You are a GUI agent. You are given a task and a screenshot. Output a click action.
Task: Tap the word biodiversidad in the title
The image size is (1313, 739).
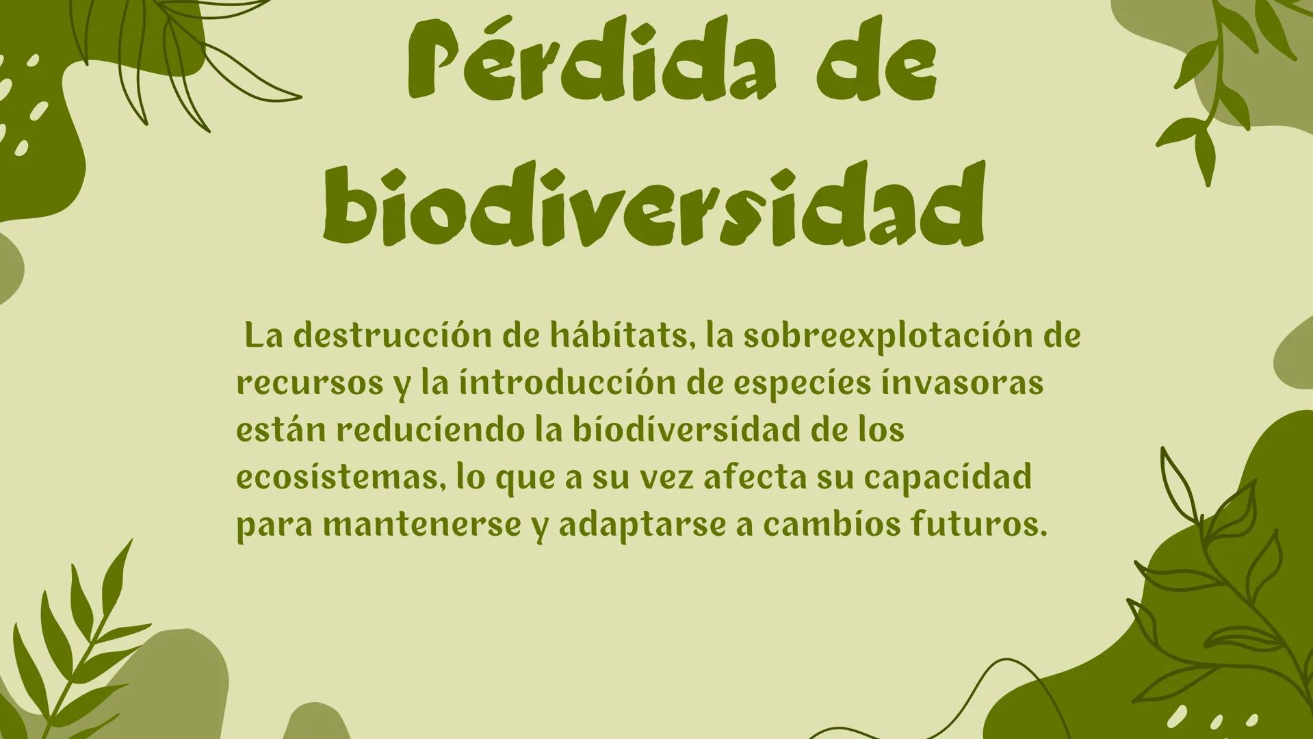point(653,204)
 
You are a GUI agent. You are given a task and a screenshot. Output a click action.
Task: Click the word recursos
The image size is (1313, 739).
point(310,383)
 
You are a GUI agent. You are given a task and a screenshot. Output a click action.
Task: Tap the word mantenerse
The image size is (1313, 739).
point(421,525)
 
